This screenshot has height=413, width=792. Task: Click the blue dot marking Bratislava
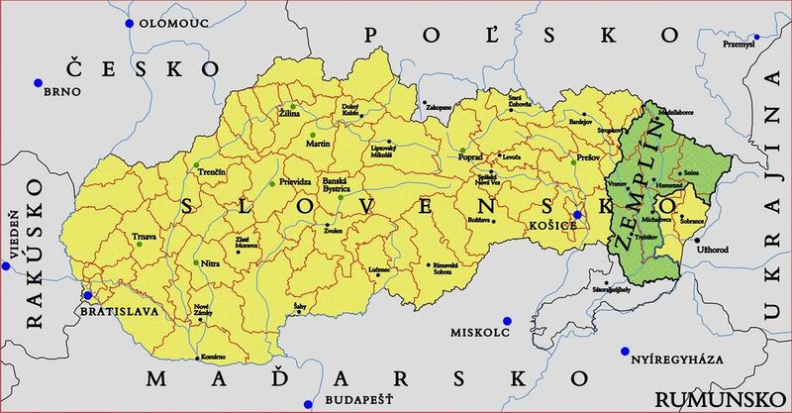click(x=88, y=295)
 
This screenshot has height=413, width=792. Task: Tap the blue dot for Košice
click(x=577, y=215)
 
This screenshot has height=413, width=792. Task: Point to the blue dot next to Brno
click(x=38, y=82)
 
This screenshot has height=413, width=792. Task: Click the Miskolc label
click(x=479, y=332)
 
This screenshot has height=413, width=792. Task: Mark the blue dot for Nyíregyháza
click(x=625, y=351)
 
